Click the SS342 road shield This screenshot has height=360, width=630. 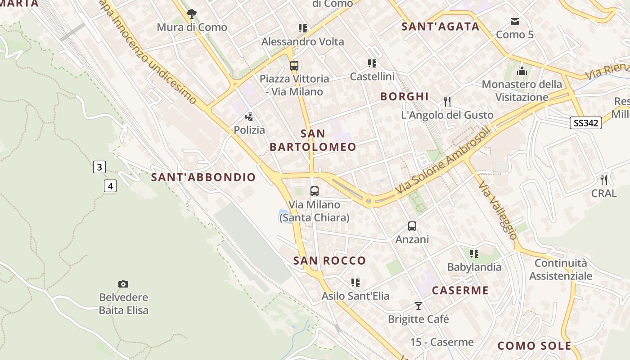pos(585,123)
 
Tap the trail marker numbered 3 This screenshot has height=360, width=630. pos(99,167)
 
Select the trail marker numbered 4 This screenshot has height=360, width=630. pos(110,185)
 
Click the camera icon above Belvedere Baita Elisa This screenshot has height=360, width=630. pos(123,284)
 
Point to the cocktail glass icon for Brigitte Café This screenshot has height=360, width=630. pos(418,306)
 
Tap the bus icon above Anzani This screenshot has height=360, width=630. pos(412,226)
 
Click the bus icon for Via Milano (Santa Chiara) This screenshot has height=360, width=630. pos(315,191)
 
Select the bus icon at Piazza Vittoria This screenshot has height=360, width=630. pos(294,66)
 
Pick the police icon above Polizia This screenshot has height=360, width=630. pos(249,117)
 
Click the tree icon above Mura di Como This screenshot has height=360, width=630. pos(192,14)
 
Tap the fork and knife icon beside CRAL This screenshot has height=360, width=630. pos(604,180)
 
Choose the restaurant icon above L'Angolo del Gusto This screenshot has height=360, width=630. pos(447,102)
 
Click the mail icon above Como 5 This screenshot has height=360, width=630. pos(514,22)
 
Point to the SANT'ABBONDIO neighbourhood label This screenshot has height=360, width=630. pos(203,177)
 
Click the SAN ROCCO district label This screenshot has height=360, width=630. pos(329,261)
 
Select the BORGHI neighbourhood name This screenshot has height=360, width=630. pos(405,96)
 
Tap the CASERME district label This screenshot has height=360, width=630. pos(460,290)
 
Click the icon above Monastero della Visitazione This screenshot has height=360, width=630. pos(522,71)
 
